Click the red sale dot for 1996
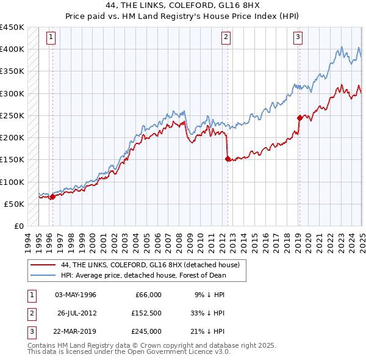(x=52, y=196)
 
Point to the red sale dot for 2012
(x=228, y=159)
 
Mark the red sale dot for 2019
(x=300, y=118)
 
